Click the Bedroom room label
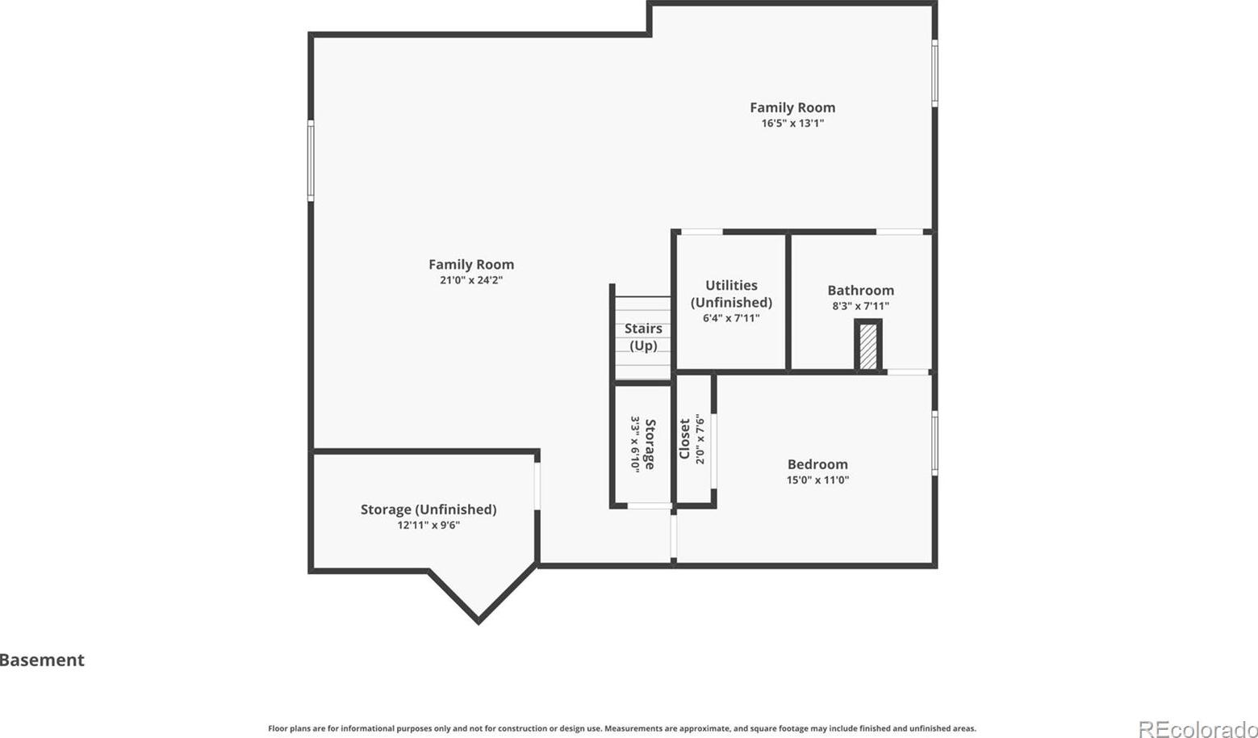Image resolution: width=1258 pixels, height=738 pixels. pyautogui.click(x=817, y=464)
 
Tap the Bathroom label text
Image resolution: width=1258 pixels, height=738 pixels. pyautogui.click(x=860, y=291)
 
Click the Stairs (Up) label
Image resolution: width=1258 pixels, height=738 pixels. pyautogui.click(x=643, y=337)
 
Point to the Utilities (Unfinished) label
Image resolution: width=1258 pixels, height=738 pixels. pyautogui.click(x=731, y=294)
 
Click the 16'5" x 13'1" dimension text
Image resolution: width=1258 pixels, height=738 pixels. pyautogui.click(x=792, y=123)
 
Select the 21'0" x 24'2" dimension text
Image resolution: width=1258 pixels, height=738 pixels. pyautogui.click(x=471, y=280)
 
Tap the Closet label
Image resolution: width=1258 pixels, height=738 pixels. pyautogui.click(x=684, y=439)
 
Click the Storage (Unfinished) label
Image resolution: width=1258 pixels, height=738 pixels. pyautogui.click(x=428, y=509)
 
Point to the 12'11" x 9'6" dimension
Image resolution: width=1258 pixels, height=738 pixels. pyautogui.click(x=428, y=526)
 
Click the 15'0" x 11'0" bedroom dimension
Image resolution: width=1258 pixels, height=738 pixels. pyautogui.click(x=817, y=480)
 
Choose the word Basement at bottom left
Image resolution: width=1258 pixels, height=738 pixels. pyautogui.click(x=42, y=660)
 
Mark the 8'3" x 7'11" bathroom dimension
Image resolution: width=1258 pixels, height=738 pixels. pyautogui.click(x=860, y=306)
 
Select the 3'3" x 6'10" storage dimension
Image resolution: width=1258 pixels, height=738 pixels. pyautogui.click(x=635, y=445)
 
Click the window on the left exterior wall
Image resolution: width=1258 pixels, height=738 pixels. pyautogui.click(x=311, y=161)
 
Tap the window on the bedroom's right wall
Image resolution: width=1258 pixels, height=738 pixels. pyautogui.click(x=934, y=443)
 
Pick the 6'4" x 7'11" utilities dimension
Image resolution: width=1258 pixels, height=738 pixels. pyautogui.click(x=731, y=318)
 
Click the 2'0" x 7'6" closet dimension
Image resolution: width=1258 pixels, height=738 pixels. pyautogui.click(x=700, y=439)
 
